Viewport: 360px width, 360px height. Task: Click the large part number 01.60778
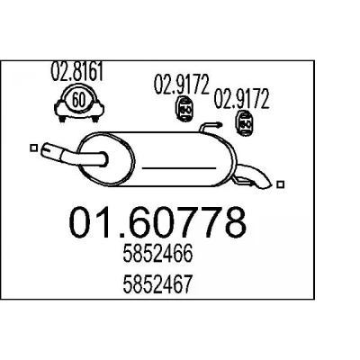coord(157,222)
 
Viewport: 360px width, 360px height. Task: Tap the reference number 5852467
coord(157,284)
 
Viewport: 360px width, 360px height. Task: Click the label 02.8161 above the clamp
coord(76,71)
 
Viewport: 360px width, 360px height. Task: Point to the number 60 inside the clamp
coord(78,100)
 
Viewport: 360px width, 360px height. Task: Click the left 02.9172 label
coord(181,85)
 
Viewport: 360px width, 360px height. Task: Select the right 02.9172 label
coord(241,99)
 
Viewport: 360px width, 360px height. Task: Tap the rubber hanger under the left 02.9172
coord(184,110)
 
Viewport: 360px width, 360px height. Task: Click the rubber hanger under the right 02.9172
coord(246,123)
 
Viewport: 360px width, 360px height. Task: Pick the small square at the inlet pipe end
coord(34,148)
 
